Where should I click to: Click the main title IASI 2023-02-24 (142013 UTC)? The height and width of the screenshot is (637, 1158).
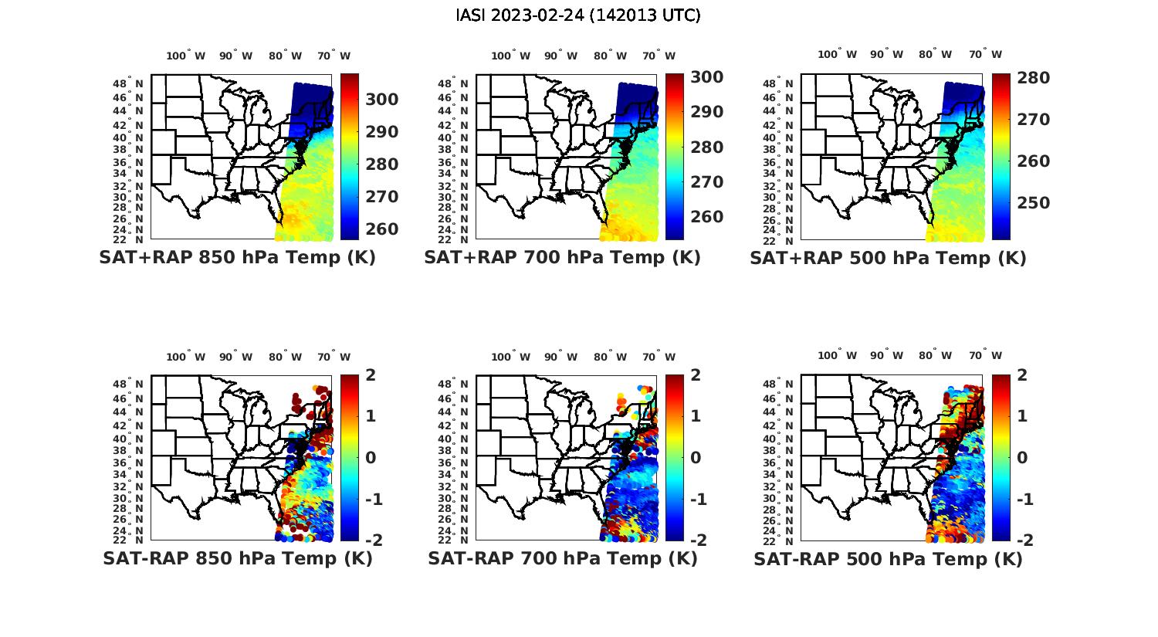[578, 15]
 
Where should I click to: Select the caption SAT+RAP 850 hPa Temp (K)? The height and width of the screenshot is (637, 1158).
[237, 258]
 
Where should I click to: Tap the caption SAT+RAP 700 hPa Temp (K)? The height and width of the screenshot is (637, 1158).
[562, 258]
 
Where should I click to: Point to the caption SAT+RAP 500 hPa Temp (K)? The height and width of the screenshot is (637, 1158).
[888, 259]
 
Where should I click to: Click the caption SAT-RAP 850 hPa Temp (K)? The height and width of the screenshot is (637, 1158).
[237, 558]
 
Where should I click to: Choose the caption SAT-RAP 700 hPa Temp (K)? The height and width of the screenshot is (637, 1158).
[562, 558]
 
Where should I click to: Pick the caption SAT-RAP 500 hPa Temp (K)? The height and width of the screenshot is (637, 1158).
[888, 559]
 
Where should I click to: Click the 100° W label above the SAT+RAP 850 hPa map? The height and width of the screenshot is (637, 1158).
[186, 56]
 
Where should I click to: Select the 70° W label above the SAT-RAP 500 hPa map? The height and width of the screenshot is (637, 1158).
[985, 356]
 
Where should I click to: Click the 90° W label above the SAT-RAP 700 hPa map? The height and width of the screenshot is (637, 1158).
[560, 357]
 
